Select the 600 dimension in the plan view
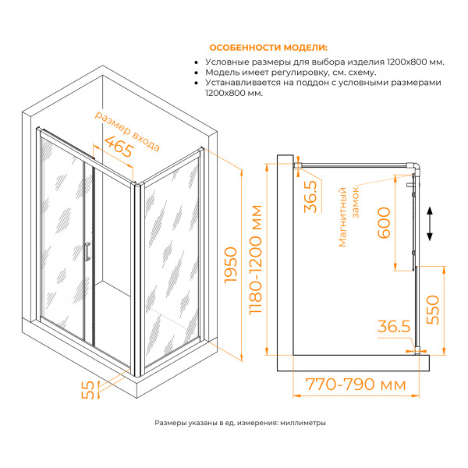pos(383,225)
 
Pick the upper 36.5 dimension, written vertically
pos(310,196)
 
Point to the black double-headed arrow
pos(430,225)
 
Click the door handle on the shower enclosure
pos(88,252)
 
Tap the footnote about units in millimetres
pos(240,423)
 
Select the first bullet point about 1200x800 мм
pos(324,61)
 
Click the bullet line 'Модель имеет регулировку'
pos(290,72)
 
